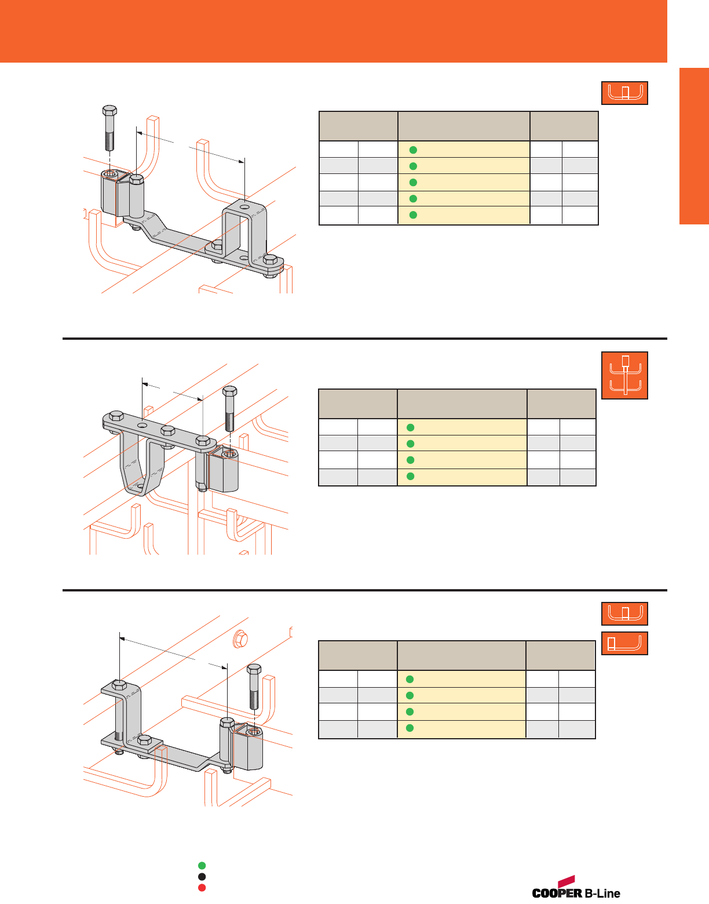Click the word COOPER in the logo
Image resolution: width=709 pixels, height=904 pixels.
557,893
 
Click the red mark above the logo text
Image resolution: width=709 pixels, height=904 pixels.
565,880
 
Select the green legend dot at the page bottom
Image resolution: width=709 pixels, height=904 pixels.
202,866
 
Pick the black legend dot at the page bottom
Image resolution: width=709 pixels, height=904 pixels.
202,877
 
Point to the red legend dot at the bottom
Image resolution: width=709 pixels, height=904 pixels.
202,888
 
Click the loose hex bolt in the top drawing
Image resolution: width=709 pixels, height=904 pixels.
109,128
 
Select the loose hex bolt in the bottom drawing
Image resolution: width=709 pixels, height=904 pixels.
254,687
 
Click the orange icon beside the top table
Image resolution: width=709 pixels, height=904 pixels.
624,93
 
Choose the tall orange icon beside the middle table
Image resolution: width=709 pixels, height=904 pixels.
624,375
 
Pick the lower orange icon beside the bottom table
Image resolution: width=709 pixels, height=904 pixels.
624,643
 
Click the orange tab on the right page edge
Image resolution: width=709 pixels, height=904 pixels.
694,146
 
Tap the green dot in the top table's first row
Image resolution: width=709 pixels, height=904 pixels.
413,150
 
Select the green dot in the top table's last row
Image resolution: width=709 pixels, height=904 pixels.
413,215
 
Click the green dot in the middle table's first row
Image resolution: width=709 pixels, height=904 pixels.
411,427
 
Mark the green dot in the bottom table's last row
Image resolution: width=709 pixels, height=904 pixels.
410,728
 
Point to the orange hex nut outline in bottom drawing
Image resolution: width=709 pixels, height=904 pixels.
240,640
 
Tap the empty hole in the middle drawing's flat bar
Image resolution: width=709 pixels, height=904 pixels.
142,426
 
